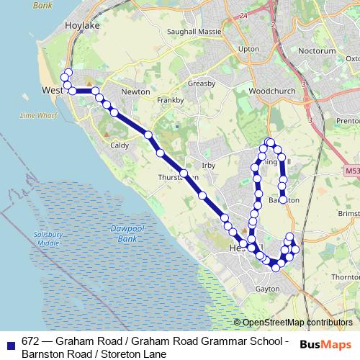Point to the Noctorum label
[320, 52]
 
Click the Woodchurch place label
[267, 92]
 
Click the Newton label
[135, 92]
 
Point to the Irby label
[209, 166]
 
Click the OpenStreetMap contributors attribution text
[297, 323]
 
